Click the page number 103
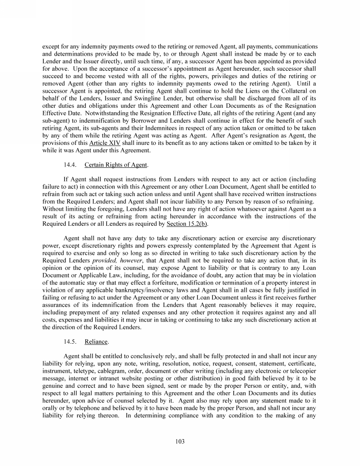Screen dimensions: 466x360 click(180, 441)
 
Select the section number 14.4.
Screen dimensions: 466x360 click(71, 166)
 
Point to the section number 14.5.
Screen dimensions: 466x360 click(71, 329)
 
